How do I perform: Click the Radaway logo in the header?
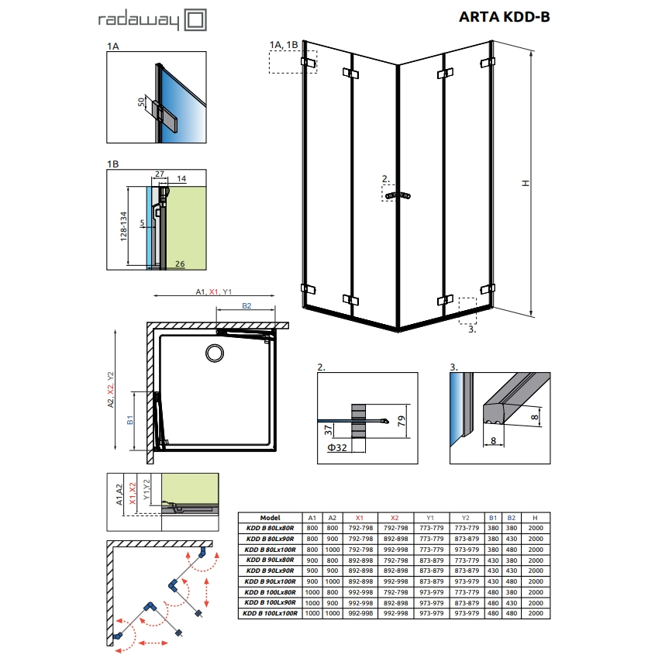[x=152, y=20]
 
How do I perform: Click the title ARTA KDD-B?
[x=504, y=17]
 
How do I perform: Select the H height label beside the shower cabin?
[x=525, y=184]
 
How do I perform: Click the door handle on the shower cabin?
[x=399, y=195]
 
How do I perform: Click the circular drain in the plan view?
[x=214, y=353]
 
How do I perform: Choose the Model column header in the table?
[x=270, y=517]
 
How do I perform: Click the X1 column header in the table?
[x=357, y=517]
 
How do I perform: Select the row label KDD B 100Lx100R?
[x=270, y=612]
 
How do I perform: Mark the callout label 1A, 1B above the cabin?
[x=283, y=44]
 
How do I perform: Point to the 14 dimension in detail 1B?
[x=181, y=178]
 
